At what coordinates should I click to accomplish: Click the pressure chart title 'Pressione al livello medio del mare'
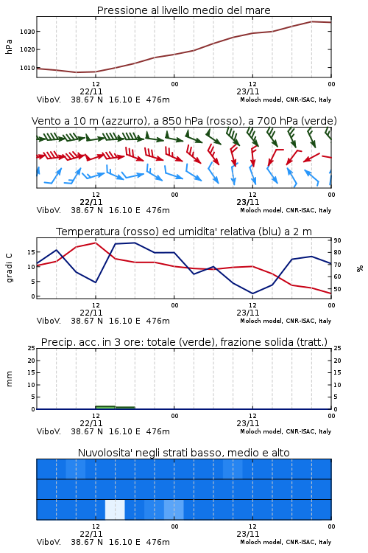[183, 10]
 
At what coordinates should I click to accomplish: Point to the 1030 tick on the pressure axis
[27, 32]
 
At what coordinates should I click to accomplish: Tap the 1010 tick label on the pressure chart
[27, 68]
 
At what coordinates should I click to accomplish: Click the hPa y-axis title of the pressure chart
[9, 46]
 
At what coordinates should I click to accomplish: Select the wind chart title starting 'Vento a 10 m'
[184, 121]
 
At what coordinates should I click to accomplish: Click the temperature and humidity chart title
[184, 232]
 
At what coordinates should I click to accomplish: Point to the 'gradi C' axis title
[9, 268]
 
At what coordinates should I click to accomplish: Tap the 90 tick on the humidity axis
[337, 240]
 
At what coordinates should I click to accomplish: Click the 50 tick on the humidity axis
[337, 289]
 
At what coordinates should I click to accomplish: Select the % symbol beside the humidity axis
[360, 268]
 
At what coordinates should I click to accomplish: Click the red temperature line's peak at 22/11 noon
[96, 243]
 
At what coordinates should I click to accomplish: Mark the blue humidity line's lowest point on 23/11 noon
[252, 293]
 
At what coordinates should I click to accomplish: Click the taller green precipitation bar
[105, 407]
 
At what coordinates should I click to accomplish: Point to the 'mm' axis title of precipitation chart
[9, 379]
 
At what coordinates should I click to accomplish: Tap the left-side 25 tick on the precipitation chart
[32, 348]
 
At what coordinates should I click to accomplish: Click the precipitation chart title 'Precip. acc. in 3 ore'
[184, 342]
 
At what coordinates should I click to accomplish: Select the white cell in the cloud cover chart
[115, 509]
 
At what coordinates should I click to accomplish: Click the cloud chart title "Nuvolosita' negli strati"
[183, 453]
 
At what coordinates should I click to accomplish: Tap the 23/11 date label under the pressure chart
[247, 91]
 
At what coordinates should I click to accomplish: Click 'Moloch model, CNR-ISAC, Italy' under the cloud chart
[286, 542]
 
